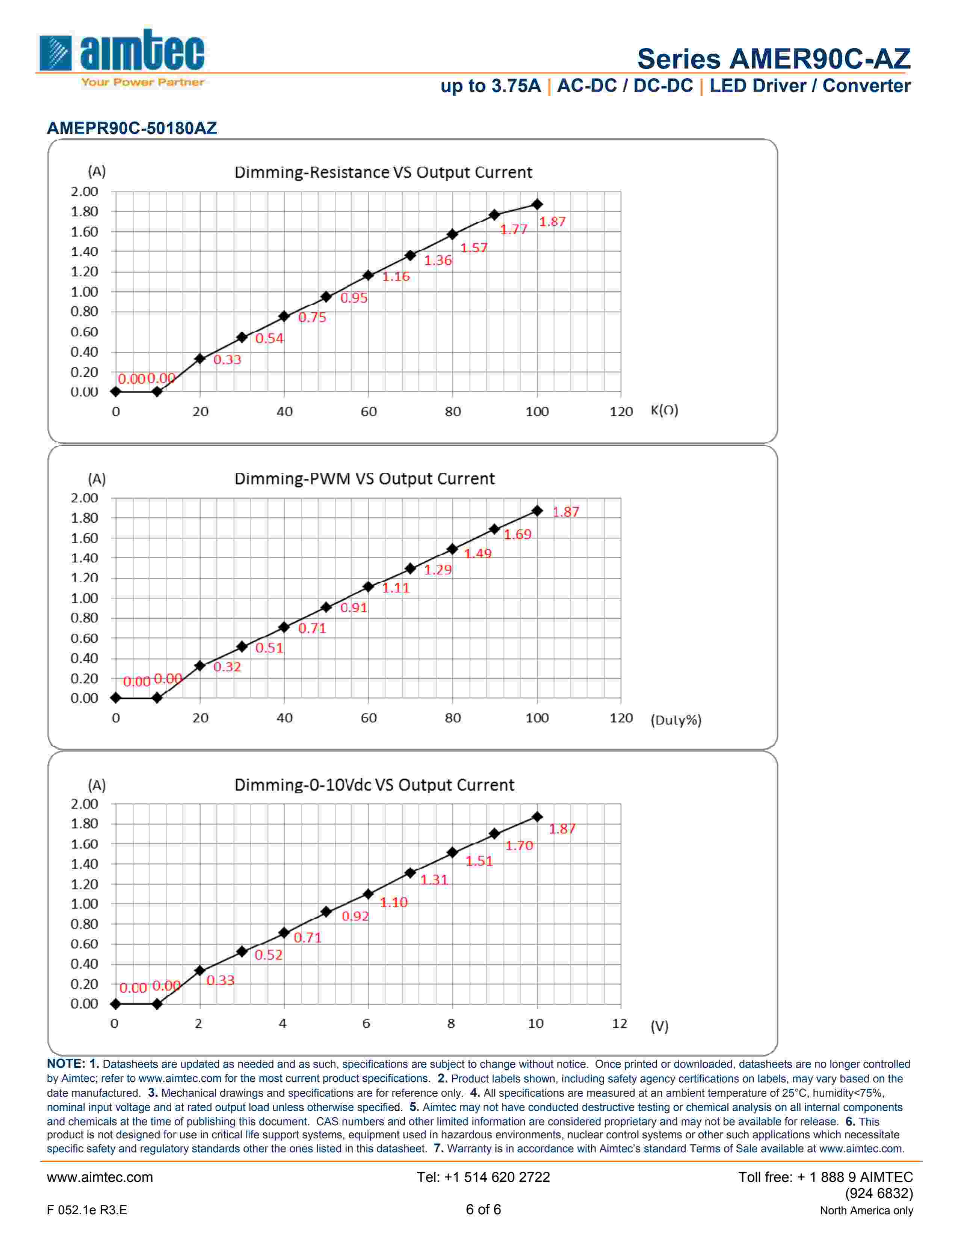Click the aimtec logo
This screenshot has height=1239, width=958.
tap(121, 57)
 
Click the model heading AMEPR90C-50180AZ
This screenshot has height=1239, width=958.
tap(131, 128)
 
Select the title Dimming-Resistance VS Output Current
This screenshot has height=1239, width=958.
tap(383, 172)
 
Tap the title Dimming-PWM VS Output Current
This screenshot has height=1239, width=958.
tap(364, 478)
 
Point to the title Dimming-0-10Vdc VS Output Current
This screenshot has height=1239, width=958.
tap(374, 785)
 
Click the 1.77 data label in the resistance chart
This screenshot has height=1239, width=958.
tap(514, 229)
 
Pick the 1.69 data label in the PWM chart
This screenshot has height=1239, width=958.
tap(518, 534)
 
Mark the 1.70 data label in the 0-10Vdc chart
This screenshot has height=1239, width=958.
tap(519, 845)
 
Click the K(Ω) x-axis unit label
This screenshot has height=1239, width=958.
tap(664, 410)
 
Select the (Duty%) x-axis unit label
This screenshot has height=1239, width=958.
tap(675, 720)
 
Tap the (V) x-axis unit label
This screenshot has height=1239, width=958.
tap(659, 1026)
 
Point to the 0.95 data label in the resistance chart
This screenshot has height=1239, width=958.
tap(354, 298)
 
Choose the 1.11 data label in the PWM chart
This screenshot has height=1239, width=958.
tap(396, 588)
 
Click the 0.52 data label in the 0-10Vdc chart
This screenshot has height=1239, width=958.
tap(269, 955)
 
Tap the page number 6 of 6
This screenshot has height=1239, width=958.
tap(483, 1209)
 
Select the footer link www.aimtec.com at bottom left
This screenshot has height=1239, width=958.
tap(100, 1177)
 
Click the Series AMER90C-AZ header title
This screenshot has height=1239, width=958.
tap(774, 59)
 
